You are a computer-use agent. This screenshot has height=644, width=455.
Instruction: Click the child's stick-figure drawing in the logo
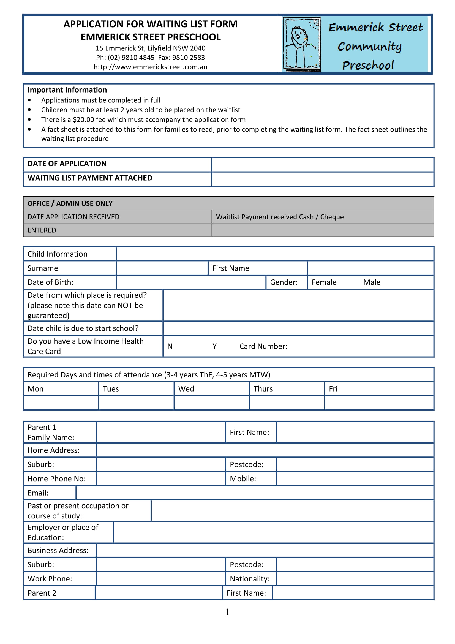pyautogui.click(x=301, y=44)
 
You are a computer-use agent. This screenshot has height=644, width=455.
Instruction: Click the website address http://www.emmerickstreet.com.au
pyautogui.click(x=150, y=67)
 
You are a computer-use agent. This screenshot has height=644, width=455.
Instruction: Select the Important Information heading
pyautogui.click(x=67, y=90)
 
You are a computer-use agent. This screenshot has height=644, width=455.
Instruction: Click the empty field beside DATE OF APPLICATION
pyautogui.click(x=322, y=165)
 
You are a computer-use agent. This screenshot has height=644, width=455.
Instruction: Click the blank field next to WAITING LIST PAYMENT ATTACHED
pyautogui.click(x=322, y=179)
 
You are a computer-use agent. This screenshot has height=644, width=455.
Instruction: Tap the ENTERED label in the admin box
pyautogui.click(x=42, y=230)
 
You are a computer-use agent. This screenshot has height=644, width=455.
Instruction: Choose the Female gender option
pyautogui.click(x=324, y=282)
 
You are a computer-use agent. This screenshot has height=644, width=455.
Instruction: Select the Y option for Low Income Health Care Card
pyautogui.click(x=214, y=346)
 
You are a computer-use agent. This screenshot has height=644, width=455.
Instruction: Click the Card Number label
pyautogui.click(x=263, y=346)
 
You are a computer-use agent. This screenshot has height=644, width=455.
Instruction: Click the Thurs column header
pyautogui.click(x=263, y=389)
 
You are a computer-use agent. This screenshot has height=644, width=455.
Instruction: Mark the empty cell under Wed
pyautogui.click(x=212, y=403)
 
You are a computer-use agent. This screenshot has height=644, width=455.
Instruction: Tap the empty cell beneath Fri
pyautogui.click(x=379, y=403)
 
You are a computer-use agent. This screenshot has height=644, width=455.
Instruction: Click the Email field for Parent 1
pyautogui.click(x=255, y=493)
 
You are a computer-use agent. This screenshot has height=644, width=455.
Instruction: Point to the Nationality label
pyautogui.click(x=249, y=579)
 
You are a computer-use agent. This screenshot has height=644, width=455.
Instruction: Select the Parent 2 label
pyautogui.click(x=42, y=593)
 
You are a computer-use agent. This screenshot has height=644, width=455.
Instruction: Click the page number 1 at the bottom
pyautogui.click(x=227, y=612)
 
